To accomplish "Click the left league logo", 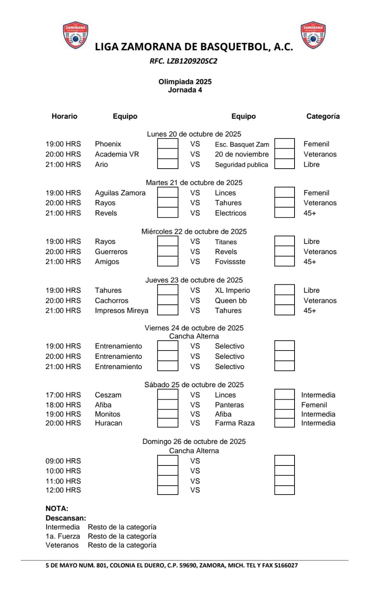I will (76, 35).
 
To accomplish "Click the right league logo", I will (313, 35).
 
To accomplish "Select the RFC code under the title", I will (183, 61).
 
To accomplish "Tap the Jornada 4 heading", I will (185, 90).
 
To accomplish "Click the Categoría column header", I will (323, 116).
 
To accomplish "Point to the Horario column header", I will (64, 116).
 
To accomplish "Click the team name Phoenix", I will (108, 144).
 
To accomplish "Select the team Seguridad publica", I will (241, 165).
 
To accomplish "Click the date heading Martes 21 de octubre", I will (194, 183).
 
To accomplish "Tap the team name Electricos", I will (231, 213).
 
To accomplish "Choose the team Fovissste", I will (230, 262).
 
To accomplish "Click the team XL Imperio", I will (232, 290).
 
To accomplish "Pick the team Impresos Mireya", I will (121, 310).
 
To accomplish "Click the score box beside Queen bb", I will (284, 300).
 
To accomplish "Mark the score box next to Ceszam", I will (167, 394).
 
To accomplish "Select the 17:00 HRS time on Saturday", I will (63, 395).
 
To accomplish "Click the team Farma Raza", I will (235, 423).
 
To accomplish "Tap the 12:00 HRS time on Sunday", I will (63, 490).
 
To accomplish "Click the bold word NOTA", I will (57, 509).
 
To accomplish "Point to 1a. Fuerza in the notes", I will (63, 536).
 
